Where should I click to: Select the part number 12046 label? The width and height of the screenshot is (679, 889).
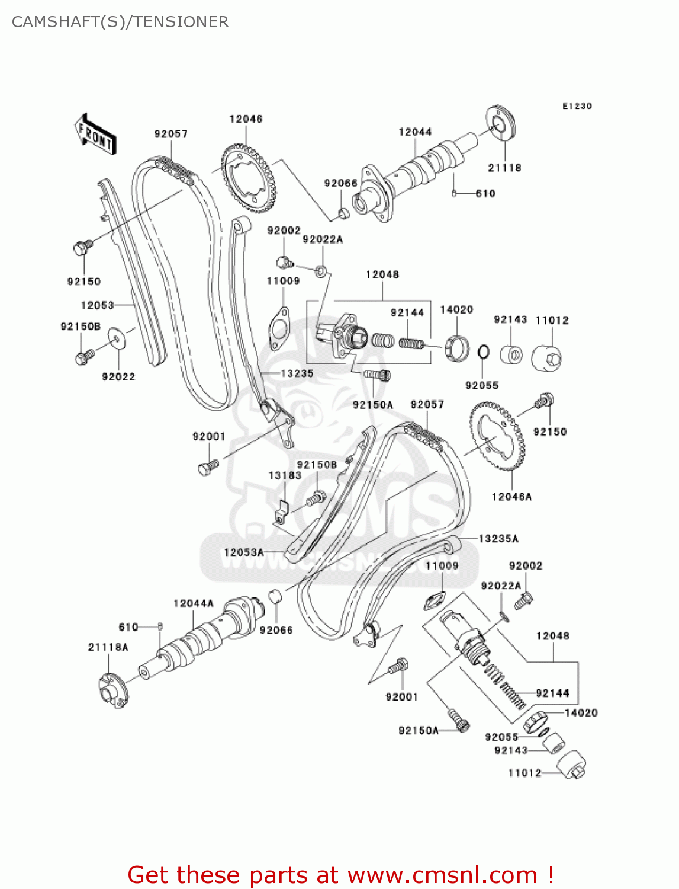(x=246, y=119)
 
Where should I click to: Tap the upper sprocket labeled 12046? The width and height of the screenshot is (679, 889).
(x=249, y=180)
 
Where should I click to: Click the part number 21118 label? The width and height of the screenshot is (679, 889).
(x=504, y=168)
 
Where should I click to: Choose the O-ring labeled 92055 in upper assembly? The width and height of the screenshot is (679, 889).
(x=483, y=352)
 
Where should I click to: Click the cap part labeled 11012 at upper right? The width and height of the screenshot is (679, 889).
(x=547, y=358)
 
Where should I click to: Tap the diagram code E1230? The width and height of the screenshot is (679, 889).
(x=577, y=106)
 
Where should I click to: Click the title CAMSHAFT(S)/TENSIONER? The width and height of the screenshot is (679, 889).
(x=120, y=22)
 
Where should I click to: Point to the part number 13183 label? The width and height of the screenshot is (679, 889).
(x=285, y=475)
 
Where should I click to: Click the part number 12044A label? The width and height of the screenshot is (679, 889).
(x=194, y=603)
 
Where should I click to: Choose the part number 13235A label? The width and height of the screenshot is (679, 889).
(x=498, y=539)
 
